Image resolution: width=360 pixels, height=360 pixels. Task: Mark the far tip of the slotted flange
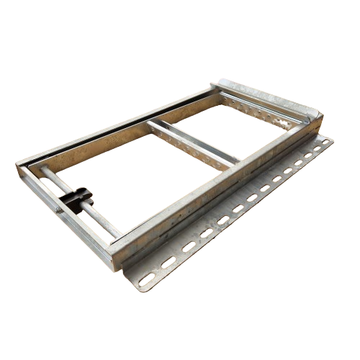pos(331,140)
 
